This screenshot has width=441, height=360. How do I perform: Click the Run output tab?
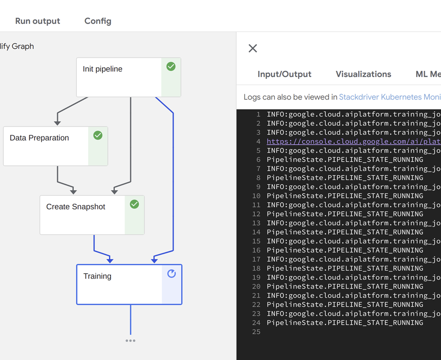(x=38, y=21)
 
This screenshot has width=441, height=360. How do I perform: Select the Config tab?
(x=98, y=21)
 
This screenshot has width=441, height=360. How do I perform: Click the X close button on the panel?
(x=253, y=48)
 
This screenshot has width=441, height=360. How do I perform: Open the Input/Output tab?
(x=284, y=74)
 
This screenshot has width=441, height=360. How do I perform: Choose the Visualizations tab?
(x=363, y=74)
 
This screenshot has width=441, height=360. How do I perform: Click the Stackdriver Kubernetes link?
(x=389, y=97)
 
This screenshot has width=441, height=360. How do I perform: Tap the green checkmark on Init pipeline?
(x=171, y=66)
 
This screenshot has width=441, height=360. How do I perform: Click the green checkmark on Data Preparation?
(x=98, y=135)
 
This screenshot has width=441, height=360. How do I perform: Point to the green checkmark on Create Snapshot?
(x=134, y=204)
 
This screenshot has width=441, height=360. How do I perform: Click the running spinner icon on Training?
(x=171, y=274)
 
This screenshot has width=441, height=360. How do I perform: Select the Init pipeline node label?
(x=102, y=69)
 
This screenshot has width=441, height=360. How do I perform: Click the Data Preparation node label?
(x=39, y=138)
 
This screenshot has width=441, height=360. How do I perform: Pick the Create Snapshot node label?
(x=76, y=207)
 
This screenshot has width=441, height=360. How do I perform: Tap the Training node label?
(x=97, y=276)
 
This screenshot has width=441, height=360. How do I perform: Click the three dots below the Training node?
(x=130, y=341)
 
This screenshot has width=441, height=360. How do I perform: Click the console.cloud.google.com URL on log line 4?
(x=353, y=141)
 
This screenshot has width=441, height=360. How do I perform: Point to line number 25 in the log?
(x=256, y=332)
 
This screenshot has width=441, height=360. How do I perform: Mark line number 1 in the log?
(x=258, y=114)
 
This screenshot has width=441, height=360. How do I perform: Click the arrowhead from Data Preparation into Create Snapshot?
(x=73, y=191)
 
